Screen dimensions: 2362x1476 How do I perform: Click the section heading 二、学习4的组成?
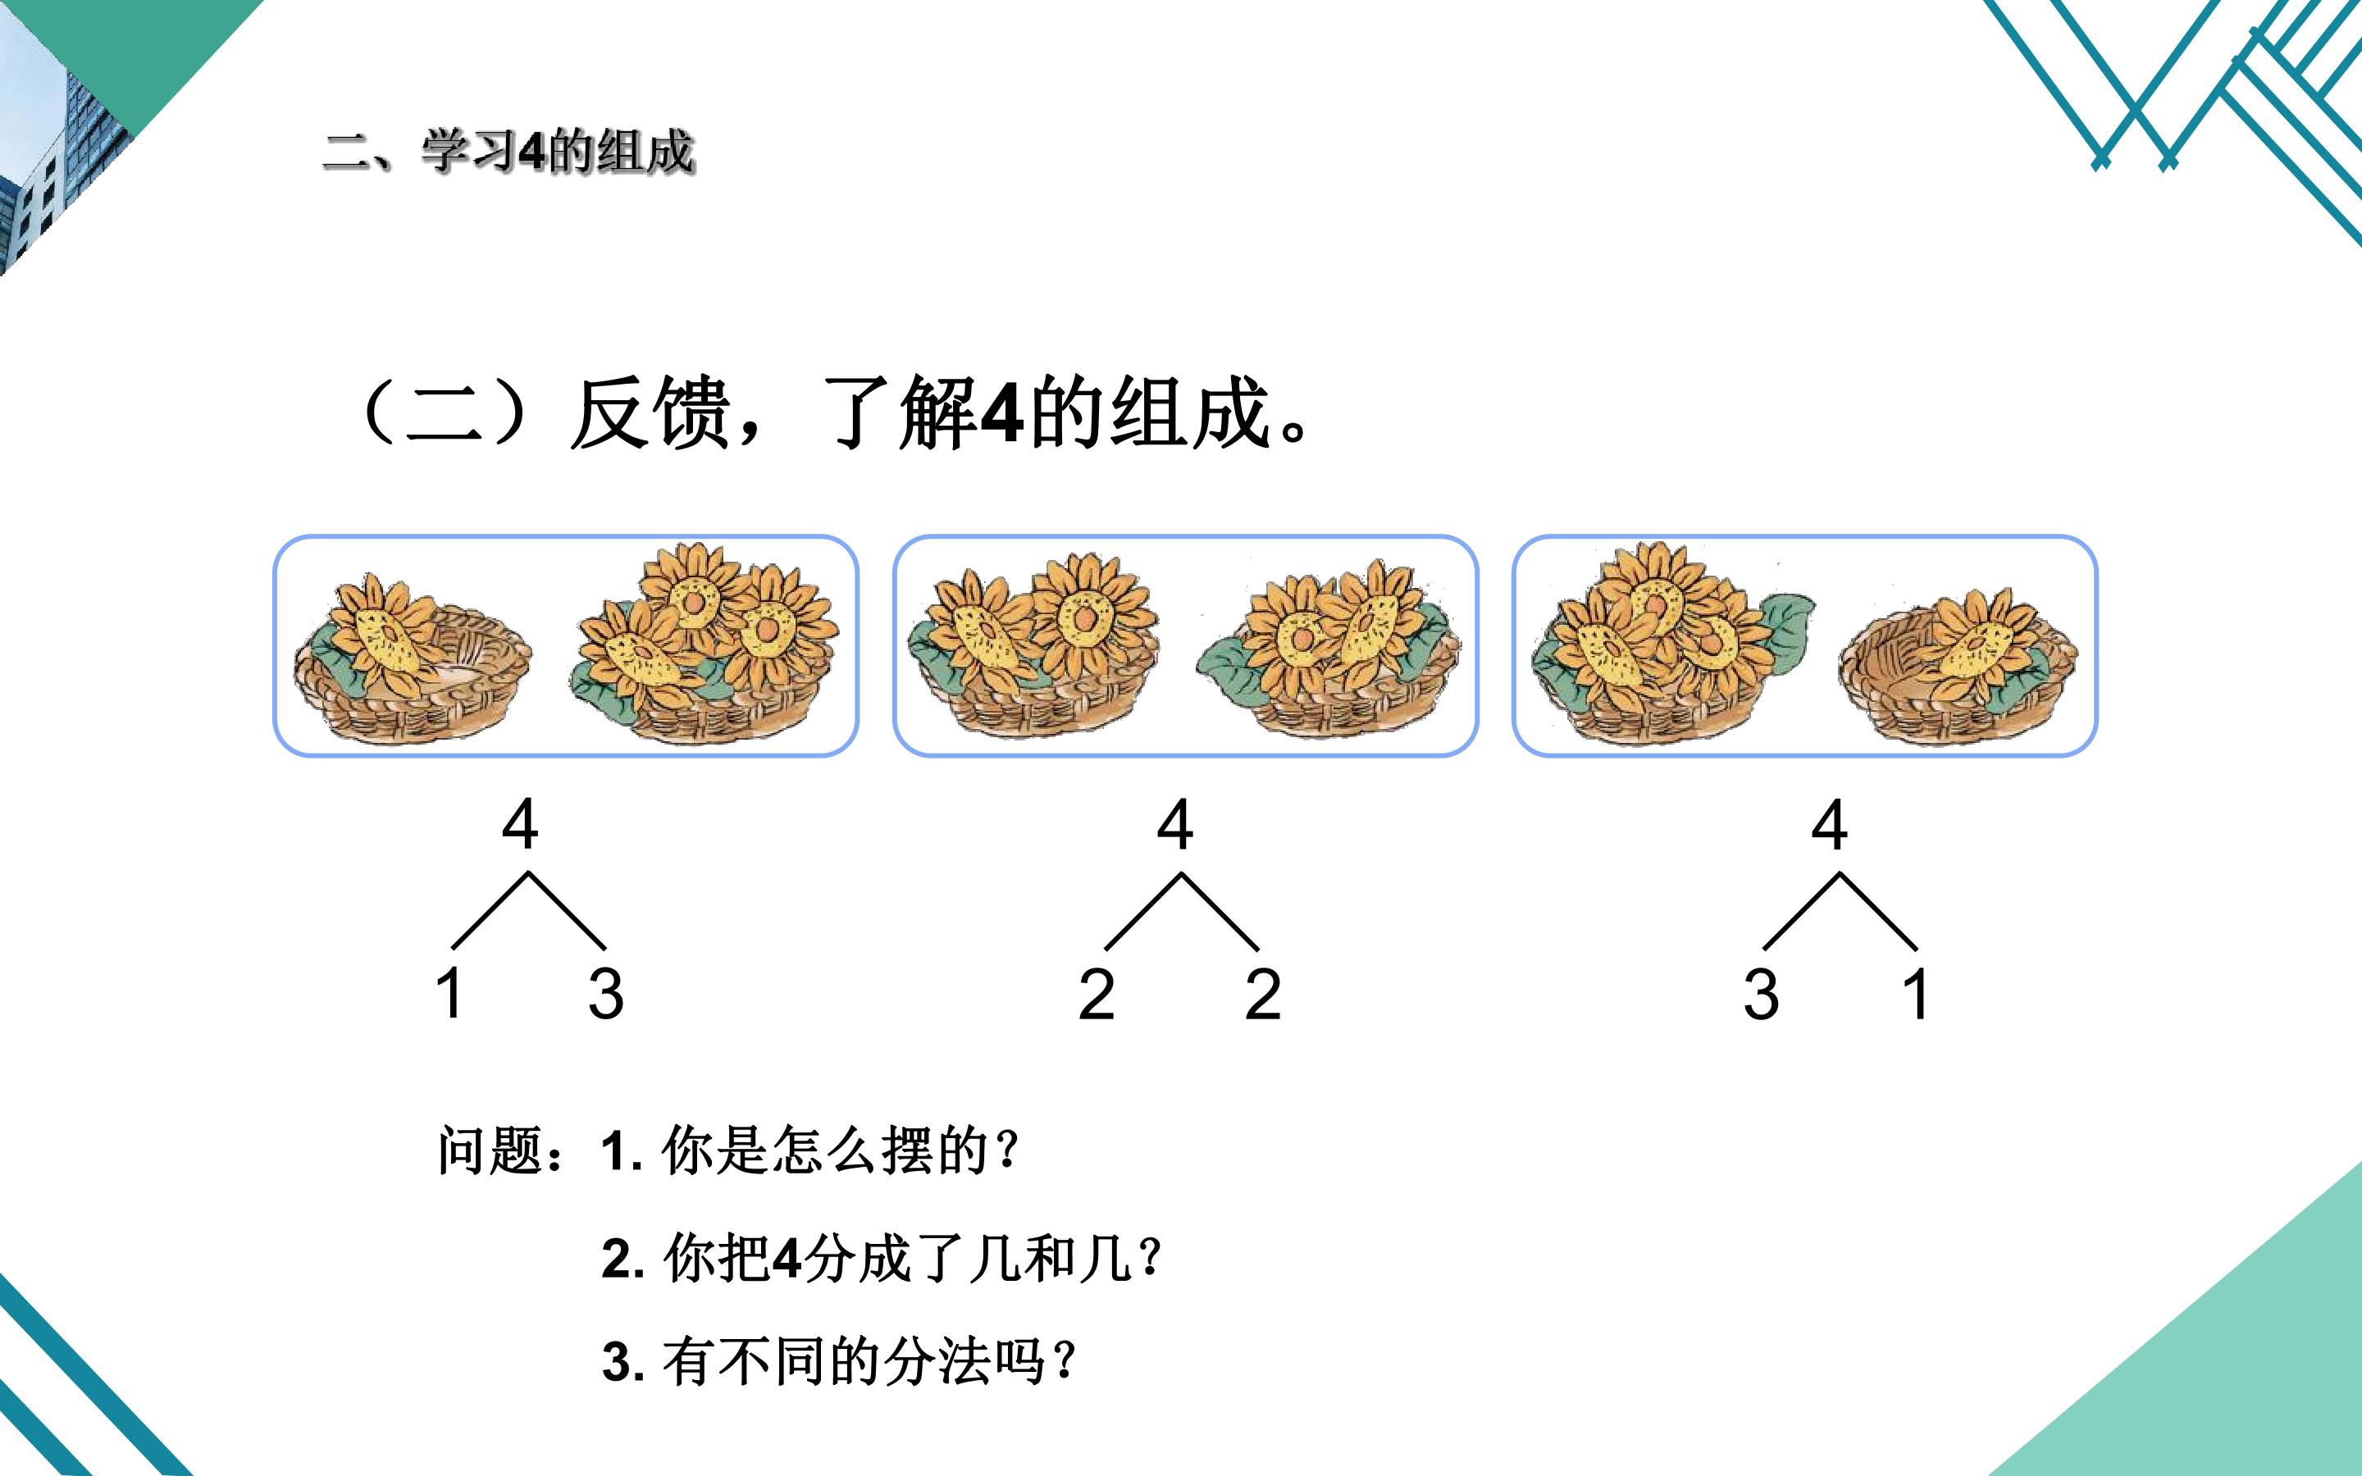coord(508,153)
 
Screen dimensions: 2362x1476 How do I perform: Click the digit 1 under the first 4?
coord(449,993)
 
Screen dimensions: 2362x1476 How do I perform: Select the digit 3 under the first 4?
coord(605,994)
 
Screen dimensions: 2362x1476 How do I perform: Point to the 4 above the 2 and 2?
coord(1175,824)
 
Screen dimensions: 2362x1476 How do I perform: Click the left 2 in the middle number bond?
coord(1096,994)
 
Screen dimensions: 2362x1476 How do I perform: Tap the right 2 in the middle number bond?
coord(1263,994)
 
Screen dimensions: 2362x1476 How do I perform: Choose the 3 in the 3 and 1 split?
coord(1761,994)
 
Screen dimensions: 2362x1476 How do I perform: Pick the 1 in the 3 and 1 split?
coord(1916,993)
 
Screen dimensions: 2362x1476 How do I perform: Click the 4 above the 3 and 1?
coord(1829,824)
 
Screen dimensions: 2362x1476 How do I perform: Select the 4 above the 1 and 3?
coord(519,824)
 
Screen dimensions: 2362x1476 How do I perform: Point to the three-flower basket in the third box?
coord(1673,645)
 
